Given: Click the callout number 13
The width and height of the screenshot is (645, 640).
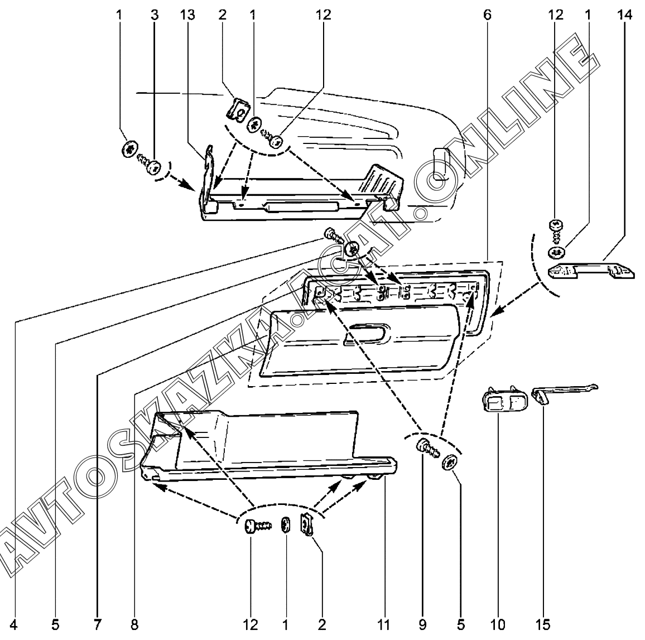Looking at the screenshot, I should tap(187, 16).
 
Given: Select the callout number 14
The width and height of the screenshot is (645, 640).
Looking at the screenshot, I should tap(625, 16).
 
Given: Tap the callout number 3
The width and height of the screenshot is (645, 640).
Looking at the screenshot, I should tap(154, 16).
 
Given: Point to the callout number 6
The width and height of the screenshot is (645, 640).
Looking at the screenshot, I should tap(487, 16).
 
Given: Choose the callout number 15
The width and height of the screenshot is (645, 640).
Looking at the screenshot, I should tap(545, 623).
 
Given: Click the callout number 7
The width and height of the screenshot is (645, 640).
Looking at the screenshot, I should tap(97, 623).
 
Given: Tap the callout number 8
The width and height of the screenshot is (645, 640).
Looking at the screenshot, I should tap(134, 623).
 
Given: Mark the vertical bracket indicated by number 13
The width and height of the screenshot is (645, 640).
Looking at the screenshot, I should tap(208, 176).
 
